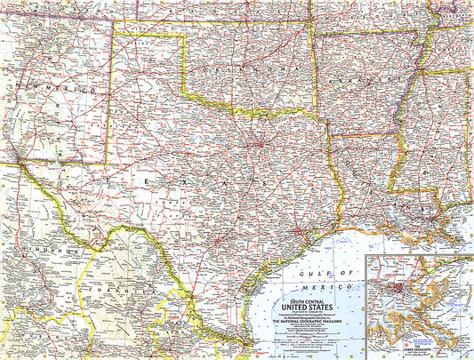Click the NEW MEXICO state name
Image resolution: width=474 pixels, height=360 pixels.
coord(44,89)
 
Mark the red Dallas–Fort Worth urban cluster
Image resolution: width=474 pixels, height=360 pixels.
coord(259,144)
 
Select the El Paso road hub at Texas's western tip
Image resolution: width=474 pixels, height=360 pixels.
coord(19,163)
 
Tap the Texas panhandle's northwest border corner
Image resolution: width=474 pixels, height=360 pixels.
coord(113,34)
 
